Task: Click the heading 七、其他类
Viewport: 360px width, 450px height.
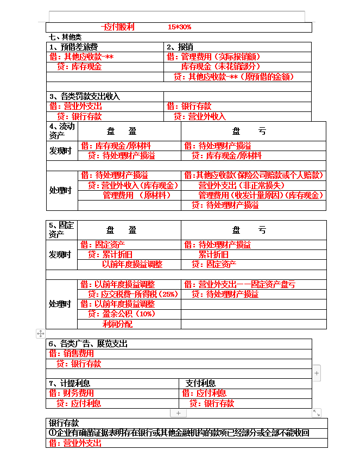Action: (x=65, y=37)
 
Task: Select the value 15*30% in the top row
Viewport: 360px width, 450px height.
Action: (x=179, y=27)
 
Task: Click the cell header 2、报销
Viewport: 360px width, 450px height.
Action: (x=179, y=47)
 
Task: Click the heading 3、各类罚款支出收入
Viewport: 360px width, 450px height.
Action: (x=84, y=96)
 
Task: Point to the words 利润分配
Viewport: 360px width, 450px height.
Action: (x=117, y=324)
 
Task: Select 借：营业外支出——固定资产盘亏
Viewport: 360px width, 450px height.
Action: (x=239, y=284)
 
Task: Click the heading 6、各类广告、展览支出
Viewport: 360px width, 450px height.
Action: (x=88, y=343)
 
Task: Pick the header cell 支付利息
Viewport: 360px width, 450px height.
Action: (x=200, y=383)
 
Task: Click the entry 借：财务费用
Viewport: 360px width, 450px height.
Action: (x=71, y=393)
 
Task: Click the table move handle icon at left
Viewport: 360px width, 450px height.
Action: (x=40, y=333)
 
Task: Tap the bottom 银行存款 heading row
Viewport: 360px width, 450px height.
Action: (x=64, y=423)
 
